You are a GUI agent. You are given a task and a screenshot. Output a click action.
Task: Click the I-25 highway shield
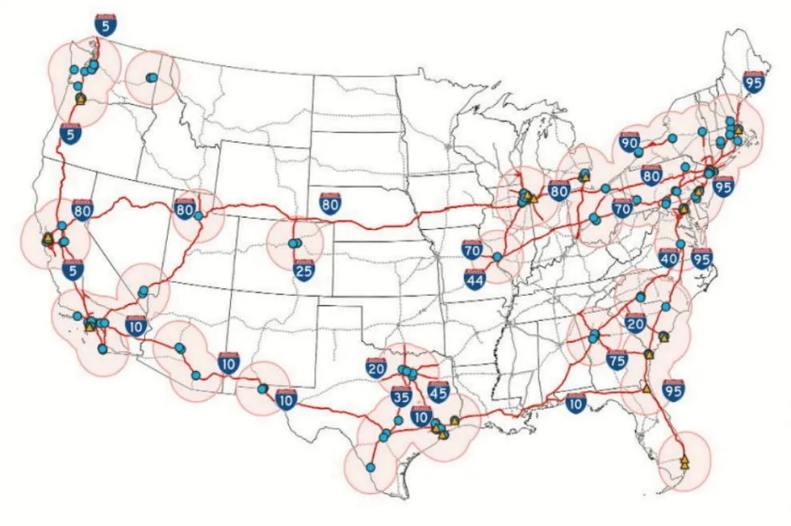point(303,270)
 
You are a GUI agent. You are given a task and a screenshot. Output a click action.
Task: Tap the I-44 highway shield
point(475,278)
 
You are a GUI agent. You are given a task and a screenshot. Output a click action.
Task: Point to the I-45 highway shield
point(438,392)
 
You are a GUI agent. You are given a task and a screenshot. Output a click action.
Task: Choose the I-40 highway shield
point(668,258)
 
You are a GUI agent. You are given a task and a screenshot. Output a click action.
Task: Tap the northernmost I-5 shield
point(104,25)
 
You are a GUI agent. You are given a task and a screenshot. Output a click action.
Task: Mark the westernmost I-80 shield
point(81,210)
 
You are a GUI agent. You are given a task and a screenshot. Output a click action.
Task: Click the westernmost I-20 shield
point(376,368)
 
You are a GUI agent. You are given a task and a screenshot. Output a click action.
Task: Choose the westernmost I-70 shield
point(472,250)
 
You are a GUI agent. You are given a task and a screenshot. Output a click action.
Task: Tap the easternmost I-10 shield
point(575,403)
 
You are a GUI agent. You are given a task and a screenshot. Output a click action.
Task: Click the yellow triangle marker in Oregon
point(81,98)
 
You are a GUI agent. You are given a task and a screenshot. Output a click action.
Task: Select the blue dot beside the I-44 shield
point(497,257)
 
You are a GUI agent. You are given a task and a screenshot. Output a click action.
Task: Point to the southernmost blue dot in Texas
point(370,467)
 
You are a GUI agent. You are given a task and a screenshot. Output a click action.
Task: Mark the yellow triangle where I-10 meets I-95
point(646,388)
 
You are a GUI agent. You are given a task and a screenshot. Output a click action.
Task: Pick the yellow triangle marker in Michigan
point(584,173)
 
